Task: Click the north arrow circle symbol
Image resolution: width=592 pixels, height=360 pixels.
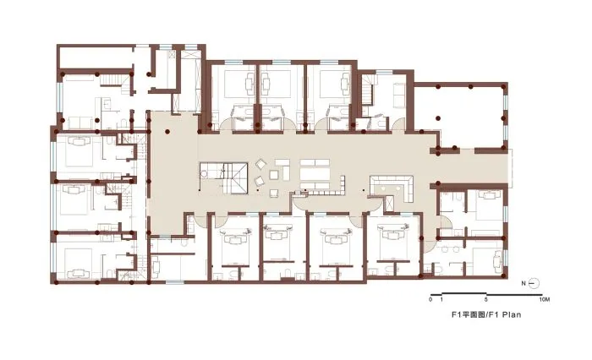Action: [x=534, y=283]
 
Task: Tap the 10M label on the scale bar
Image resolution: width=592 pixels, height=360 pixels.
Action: [x=545, y=300]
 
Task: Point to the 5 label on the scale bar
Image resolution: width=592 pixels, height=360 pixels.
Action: [x=486, y=300]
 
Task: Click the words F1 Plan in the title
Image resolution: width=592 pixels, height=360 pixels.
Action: [x=505, y=314]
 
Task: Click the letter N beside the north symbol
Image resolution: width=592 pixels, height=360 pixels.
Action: [x=524, y=284]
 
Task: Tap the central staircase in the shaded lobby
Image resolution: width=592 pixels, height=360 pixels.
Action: [x=223, y=177]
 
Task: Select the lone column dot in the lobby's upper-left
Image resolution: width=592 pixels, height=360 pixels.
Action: [x=167, y=132]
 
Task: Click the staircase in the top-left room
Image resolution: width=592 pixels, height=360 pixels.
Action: [x=112, y=80]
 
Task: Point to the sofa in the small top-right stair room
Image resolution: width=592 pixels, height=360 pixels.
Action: [x=398, y=95]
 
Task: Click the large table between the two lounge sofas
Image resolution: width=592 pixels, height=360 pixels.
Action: [x=315, y=173]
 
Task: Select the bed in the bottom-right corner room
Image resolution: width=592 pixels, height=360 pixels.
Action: [x=488, y=261]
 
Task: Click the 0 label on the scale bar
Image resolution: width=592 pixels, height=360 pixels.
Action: [x=430, y=300]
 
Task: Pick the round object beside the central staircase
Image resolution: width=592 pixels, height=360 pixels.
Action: [x=205, y=174]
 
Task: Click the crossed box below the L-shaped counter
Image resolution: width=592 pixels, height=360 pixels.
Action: [x=388, y=204]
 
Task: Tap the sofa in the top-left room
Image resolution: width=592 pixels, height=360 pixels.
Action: [x=79, y=123]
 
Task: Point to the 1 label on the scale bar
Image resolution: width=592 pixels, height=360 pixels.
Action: [x=441, y=300]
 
